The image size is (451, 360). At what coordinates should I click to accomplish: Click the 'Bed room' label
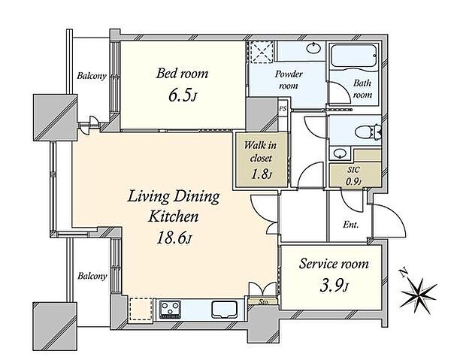(182, 74)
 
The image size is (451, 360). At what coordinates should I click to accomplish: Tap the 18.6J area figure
(174, 238)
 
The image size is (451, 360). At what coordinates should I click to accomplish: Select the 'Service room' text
(334, 264)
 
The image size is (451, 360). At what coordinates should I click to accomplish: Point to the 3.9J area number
(334, 286)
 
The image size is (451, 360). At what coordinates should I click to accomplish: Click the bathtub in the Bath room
(354, 57)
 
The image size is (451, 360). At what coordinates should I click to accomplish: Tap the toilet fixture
(368, 132)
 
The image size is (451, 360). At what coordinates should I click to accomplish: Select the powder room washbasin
(313, 47)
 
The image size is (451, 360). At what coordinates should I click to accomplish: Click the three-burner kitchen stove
(171, 309)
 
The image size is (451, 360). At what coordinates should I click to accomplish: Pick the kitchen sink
(224, 309)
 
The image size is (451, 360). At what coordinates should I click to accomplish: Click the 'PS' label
(283, 109)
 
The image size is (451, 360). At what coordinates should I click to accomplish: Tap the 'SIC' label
(353, 170)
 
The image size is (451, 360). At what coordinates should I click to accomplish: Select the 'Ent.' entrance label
(350, 224)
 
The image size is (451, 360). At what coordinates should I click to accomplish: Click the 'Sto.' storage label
(263, 302)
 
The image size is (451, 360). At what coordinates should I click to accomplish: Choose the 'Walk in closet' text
(260, 152)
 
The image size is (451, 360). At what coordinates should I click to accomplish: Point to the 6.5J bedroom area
(183, 96)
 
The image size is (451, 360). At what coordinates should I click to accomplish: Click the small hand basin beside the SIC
(340, 153)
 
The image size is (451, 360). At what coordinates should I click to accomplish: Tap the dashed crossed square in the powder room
(262, 53)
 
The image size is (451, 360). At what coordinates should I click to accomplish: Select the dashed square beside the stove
(141, 310)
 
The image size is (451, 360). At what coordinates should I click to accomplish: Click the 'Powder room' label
(289, 80)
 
